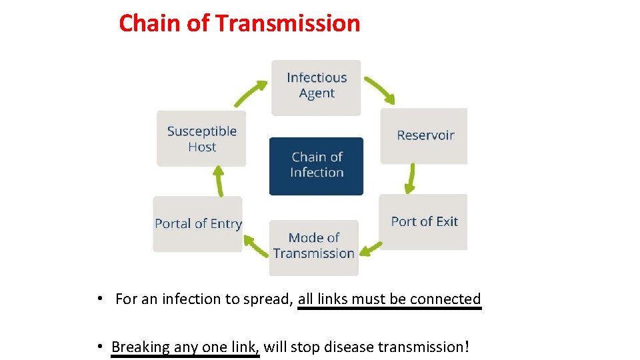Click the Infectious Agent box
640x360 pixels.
tap(316, 87)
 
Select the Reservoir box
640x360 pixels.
tap(425, 136)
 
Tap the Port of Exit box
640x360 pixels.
tap(424, 222)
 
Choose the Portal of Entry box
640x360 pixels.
tap(198, 224)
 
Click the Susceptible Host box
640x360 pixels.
tap(201, 139)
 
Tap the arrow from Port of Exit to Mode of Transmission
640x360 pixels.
tap(372, 250)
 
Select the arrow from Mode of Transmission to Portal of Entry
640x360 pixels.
tap(255, 247)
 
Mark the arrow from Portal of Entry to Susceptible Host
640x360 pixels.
tap(218, 181)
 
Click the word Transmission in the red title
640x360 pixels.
tap(288, 24)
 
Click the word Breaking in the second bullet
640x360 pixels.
tap(141, 347)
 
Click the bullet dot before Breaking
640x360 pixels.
tap(99, 346)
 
